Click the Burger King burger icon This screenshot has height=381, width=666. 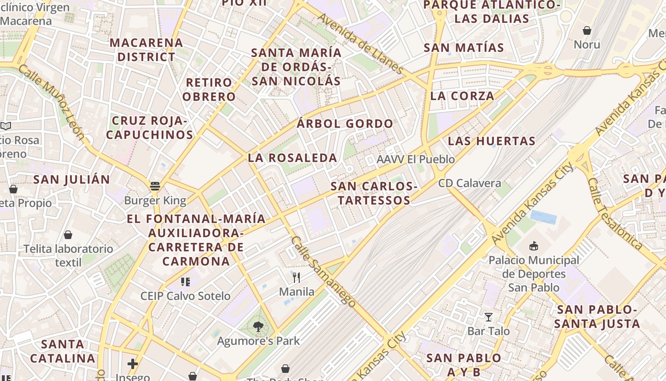[x=155, y=186]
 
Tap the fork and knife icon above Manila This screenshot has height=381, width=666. [x=296, y=277]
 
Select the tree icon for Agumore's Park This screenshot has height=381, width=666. [x=258, y=327]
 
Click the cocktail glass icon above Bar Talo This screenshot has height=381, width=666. [x=488, y=317]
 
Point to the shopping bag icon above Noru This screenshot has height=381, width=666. [x=587, y=30]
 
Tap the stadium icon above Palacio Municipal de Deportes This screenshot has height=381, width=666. [x=534, y=246]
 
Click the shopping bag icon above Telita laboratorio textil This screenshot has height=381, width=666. [x=68, y=235]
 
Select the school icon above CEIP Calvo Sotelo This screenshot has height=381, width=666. [x=186, y=282]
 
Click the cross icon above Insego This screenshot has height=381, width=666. [x=133, y=364]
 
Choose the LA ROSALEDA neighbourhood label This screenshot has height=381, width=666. [x=292, y=158]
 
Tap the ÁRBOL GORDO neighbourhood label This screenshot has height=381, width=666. [x=345, y=124]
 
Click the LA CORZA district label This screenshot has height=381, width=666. [x=462, y=96]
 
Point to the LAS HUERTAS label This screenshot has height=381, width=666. [x=491, y=141]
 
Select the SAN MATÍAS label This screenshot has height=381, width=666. [x=463, y=48]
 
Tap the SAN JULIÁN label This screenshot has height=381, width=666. [x=72, y=180]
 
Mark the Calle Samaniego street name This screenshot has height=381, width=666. [x=323, y=271]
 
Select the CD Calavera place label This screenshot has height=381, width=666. [x=470, y=183]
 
